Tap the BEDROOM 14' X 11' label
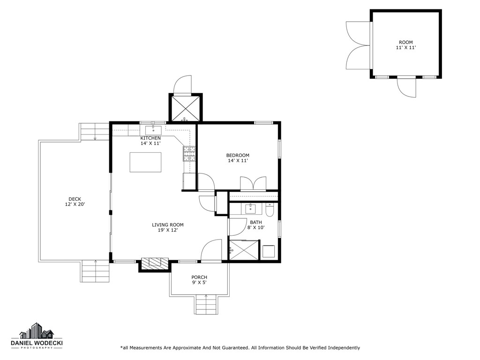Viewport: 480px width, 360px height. [238, 158]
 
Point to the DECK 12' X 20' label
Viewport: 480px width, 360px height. [75, 202]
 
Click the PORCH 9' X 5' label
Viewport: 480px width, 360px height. [199, 280]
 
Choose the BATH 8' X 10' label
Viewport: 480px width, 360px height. [256, 225]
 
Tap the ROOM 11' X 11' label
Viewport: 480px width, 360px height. [405, 45]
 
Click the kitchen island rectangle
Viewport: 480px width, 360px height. [145, 162]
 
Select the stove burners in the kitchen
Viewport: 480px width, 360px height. [189, 154]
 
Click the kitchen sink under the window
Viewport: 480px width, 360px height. [153, 130]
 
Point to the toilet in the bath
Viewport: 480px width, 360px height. [270, 210]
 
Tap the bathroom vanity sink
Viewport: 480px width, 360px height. [250, 209]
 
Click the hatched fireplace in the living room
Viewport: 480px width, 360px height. [155, 263]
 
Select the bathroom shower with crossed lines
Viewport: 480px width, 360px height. [244, 250]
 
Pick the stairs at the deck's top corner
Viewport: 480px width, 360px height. [95, 132]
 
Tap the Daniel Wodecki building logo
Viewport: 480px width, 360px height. [37, 331]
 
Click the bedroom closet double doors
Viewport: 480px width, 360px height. [253, 183]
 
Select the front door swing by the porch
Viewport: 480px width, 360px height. [211, 250]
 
